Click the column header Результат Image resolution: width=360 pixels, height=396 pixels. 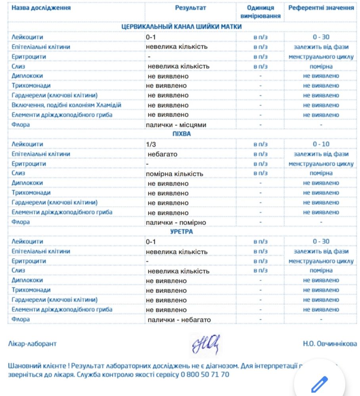(190, 8)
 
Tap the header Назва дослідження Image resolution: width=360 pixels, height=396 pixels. (41, 8)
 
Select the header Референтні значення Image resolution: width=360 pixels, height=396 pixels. (321, 8)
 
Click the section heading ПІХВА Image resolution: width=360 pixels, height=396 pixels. (182, 134)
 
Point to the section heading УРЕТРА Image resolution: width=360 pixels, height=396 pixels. (182, 231)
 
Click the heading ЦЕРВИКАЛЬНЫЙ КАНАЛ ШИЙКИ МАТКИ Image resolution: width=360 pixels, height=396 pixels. (182, 27)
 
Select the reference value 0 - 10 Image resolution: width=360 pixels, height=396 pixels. (321, 144)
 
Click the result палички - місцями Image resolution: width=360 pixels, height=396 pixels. (176, 125)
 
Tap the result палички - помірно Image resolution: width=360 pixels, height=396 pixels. (176, 223)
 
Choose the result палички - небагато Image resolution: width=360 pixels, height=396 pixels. (179, 320)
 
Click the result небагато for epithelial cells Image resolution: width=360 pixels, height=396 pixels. (162, 154)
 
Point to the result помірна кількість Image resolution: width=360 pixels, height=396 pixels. (174, 173)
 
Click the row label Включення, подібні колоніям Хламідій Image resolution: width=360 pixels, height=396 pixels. (66, 105)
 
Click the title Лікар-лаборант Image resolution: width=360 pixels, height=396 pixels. (32, 344)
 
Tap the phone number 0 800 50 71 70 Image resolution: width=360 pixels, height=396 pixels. (205, 374)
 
